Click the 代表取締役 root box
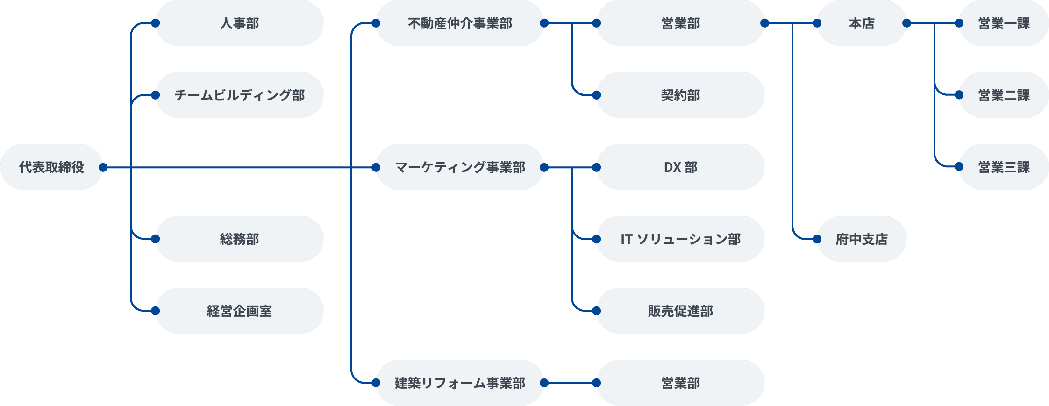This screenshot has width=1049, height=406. pos(51,167)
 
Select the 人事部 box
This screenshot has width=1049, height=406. pos(239,23)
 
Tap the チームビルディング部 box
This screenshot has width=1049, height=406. pos(239,95)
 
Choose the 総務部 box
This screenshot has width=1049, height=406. pos(239,239)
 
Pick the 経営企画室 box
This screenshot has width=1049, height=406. pos(239,311)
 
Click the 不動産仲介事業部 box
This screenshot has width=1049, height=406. pos(460,23)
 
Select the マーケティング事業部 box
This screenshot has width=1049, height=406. pos(460,167)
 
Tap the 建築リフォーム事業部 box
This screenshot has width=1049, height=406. pos(460,383)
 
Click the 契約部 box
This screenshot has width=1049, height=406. pos(680,95)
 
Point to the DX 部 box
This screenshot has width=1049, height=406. pos(680,167)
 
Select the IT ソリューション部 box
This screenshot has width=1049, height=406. pos(680,239)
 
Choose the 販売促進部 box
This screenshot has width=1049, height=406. pos(680,311)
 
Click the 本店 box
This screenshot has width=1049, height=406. pos(862,23)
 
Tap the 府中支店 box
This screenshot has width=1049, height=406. pos(862,239)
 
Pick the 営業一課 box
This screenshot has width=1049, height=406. pos(1004,23)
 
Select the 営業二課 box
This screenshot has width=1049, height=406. pos(1004,95)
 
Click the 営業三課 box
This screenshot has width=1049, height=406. pos(1004,167)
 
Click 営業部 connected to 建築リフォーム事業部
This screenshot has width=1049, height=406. pos(680,383)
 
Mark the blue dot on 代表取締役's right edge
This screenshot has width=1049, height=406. pos(103,167)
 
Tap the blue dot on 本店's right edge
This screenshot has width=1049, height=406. pos(906,23)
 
